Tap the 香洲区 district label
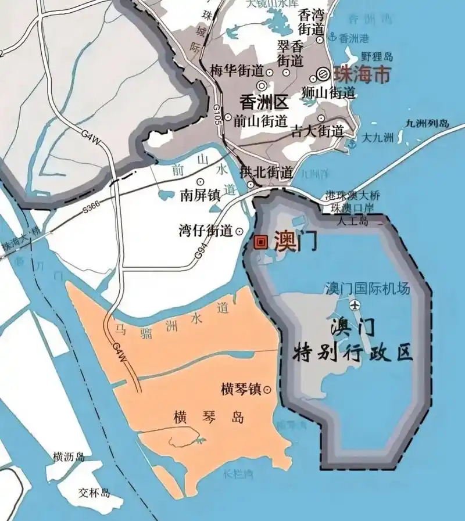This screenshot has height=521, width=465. click(264, 103)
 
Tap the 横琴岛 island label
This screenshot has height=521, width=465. click(208, 418)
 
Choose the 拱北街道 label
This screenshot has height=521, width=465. click(266, 173)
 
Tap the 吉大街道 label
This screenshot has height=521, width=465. click(317, 131)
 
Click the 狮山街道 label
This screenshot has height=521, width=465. click(329, 92)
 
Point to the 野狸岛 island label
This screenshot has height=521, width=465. click(377, 56)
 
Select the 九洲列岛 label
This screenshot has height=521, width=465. click(429, 123)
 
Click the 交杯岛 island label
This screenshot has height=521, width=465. click(94, 493)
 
